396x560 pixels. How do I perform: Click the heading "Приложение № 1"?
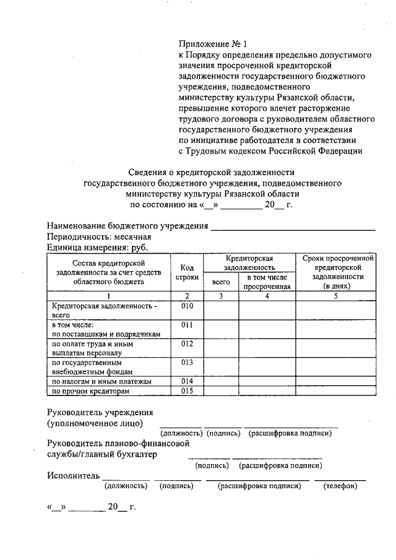[x=212, y=45]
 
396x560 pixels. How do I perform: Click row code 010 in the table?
[x=187, y=306]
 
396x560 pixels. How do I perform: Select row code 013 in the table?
[x=187, y=362]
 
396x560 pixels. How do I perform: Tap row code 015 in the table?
[x=187, y=391]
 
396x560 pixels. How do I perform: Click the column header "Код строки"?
[x=187, y=272]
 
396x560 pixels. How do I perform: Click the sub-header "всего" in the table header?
[x=221, y=282]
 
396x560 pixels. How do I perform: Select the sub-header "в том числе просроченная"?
[x=267, y=282]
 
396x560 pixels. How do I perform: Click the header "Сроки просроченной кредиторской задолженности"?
[x=336, y=272]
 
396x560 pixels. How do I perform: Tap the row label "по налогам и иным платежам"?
[x=101, y=382]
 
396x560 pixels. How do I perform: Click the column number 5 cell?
[x=336, y=296]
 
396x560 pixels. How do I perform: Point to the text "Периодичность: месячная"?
[x=99, y=237]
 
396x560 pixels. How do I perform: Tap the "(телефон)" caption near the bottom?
[x=340, y=486]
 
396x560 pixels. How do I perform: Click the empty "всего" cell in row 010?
[x=221, y=311]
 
